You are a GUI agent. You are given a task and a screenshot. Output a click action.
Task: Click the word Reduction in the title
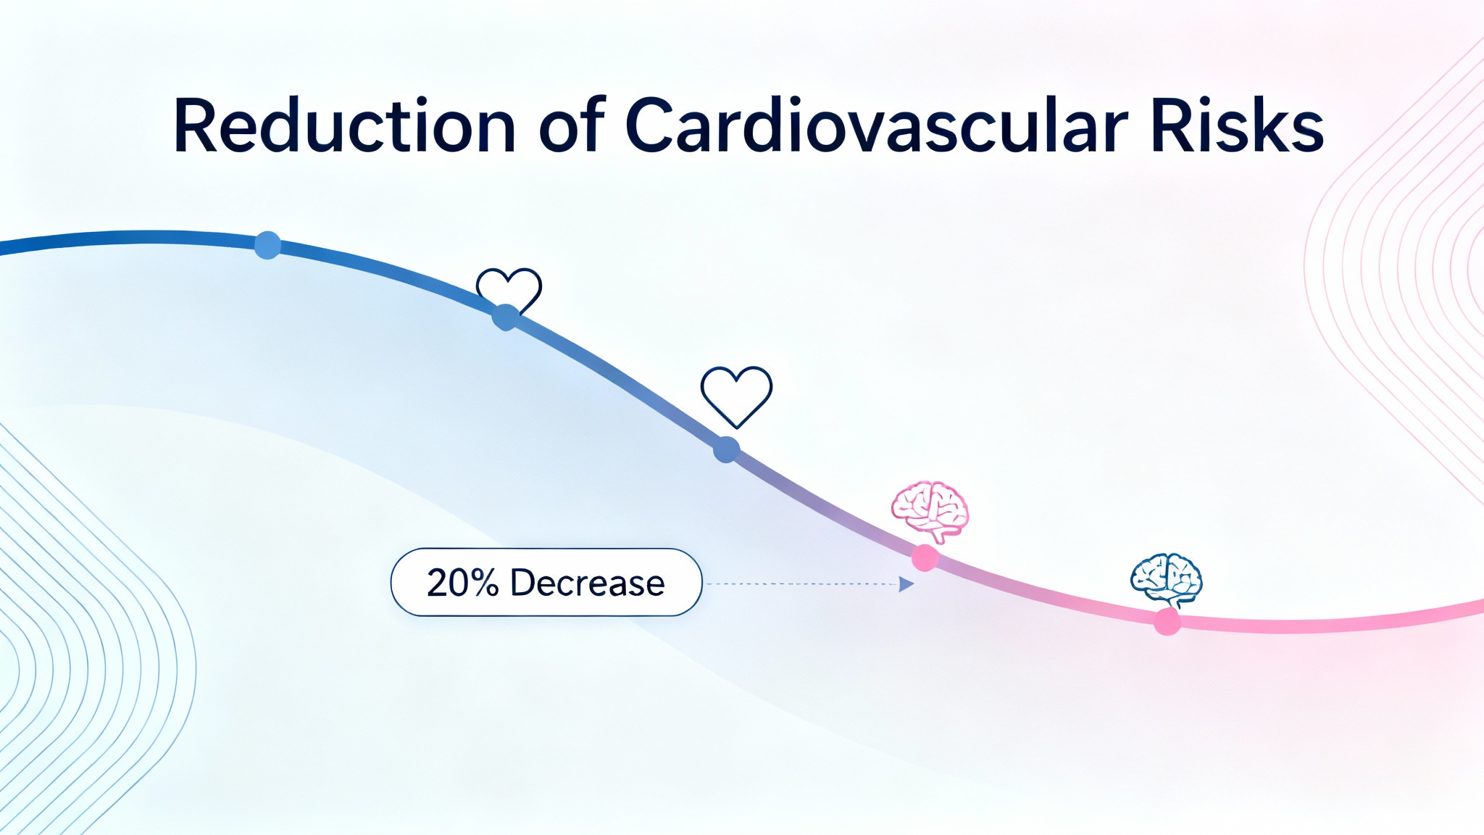pos(344,126)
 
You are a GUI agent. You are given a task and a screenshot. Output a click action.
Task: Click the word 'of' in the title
pos(572,126)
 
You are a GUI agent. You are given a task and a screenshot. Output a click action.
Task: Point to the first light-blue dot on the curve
pos(267,246)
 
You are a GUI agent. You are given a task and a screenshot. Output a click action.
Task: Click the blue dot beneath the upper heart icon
pos(506,317)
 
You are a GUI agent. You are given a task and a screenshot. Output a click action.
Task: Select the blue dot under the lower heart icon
pos(726,449)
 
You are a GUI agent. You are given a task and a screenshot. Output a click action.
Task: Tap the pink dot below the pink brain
pos(925,558)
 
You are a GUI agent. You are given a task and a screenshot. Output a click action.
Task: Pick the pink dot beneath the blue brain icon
pos(1167,622)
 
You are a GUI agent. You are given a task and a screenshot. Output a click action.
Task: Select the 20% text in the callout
pos(462,583)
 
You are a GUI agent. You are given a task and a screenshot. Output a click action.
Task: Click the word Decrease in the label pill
pos(587,583)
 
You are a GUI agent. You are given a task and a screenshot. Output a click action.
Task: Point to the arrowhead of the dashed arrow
pos(906,584)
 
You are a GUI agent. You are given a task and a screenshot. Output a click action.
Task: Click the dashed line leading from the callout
pos(797,583)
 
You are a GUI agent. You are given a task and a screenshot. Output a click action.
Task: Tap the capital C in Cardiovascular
pos(653,126)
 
